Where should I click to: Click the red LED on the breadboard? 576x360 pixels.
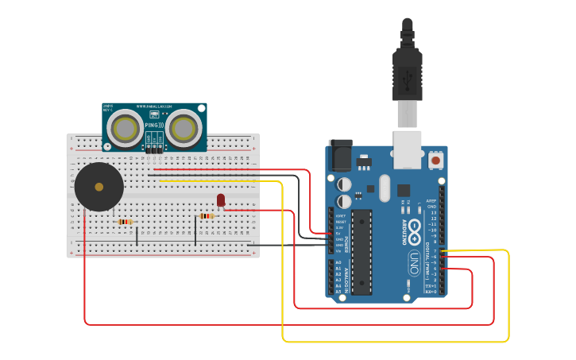(x=221, y=199)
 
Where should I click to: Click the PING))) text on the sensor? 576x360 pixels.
(x=154, y=125)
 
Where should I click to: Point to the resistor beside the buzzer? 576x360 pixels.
(x=124, y=222)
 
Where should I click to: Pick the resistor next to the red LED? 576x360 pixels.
(x=207, y=215)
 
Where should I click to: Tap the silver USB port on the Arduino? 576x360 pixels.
(x=408, y=149)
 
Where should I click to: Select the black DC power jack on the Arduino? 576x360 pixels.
(x=340, y=155)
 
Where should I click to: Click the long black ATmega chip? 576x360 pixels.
(x=361, y=251)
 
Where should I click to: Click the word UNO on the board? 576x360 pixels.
(x=414, y=259)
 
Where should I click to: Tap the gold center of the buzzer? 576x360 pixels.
(x=99, y=188)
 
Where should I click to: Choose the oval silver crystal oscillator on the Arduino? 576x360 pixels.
(x=385, y=188)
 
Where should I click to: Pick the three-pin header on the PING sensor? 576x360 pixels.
(x=155, y=148)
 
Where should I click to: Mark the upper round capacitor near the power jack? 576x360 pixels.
(x=344, y=184)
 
